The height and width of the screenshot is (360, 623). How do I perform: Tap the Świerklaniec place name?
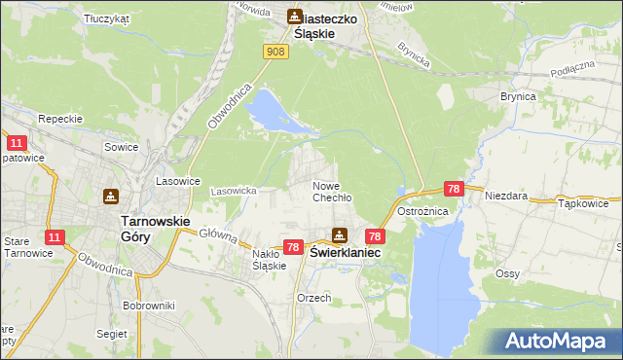pos(345,251)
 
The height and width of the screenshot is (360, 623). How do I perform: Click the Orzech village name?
pos(314,298)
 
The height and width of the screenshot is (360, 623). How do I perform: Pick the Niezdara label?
pos(506,195)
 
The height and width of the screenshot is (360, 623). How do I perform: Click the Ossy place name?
pos(506,274)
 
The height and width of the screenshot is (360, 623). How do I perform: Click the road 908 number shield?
pos(275,51)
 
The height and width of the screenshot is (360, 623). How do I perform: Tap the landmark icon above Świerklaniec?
pos(339,234)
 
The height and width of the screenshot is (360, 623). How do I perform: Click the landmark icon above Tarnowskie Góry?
pos(112,196)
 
